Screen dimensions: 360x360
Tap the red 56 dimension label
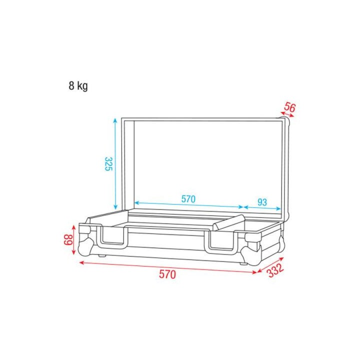[x=289, y=107]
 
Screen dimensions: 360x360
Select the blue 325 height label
[x=107, y=163]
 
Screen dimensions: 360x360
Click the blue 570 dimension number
[x=188, y=199]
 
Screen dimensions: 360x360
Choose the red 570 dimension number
[x=168, y=274]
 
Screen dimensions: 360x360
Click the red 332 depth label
[x=274, y=270]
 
